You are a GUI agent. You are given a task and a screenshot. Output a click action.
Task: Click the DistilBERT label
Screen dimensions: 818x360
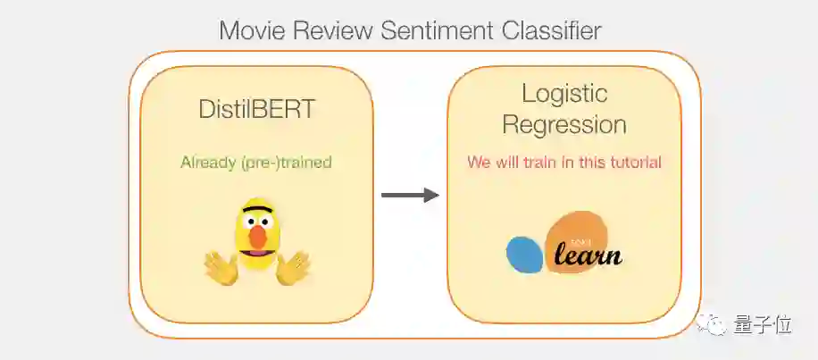pos(256,111)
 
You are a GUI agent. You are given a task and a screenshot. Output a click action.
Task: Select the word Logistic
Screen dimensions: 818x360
pos(563,93)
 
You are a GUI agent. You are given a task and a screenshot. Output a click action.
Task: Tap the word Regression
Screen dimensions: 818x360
pos(563,123)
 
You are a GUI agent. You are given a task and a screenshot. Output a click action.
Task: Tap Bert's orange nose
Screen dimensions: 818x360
pos(257,236)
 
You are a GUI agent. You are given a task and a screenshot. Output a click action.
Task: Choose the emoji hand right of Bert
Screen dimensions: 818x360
pos(293,267)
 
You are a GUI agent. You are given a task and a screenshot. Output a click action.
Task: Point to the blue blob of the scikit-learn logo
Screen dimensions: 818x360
pos(524,254)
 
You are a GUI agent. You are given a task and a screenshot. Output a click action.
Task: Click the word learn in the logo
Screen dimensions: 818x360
pos(587,256)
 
